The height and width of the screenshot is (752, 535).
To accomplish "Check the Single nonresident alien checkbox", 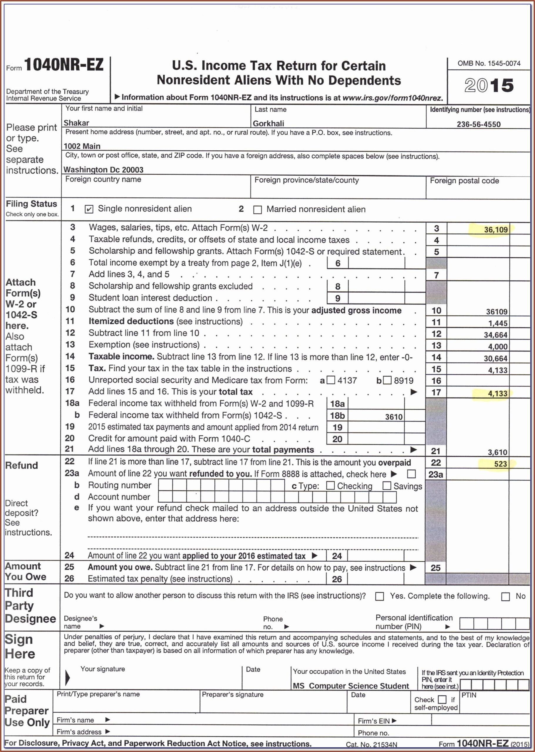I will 89,209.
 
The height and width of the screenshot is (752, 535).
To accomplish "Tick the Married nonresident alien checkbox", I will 258,210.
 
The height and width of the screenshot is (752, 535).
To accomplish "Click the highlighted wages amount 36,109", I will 496,230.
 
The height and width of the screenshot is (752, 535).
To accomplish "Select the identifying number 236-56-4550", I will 478,124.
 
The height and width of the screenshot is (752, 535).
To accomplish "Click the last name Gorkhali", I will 268,123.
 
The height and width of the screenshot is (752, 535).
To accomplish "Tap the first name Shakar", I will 76,123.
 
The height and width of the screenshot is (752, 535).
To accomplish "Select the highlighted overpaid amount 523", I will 500,464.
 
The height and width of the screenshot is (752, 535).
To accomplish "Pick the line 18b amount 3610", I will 394,417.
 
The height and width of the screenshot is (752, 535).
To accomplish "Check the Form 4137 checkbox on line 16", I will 331,380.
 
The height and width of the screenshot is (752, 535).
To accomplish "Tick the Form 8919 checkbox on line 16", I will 388,380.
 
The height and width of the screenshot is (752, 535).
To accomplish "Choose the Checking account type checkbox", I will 331,486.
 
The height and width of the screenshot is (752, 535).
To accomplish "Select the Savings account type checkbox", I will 387,486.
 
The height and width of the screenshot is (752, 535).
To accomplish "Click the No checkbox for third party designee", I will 505,597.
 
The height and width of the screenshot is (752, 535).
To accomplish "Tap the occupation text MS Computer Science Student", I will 350,686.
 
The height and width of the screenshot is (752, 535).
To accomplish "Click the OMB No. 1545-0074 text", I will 489,63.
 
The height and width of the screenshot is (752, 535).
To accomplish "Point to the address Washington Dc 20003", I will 103,169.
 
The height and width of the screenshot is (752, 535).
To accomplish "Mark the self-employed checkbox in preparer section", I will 442,699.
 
